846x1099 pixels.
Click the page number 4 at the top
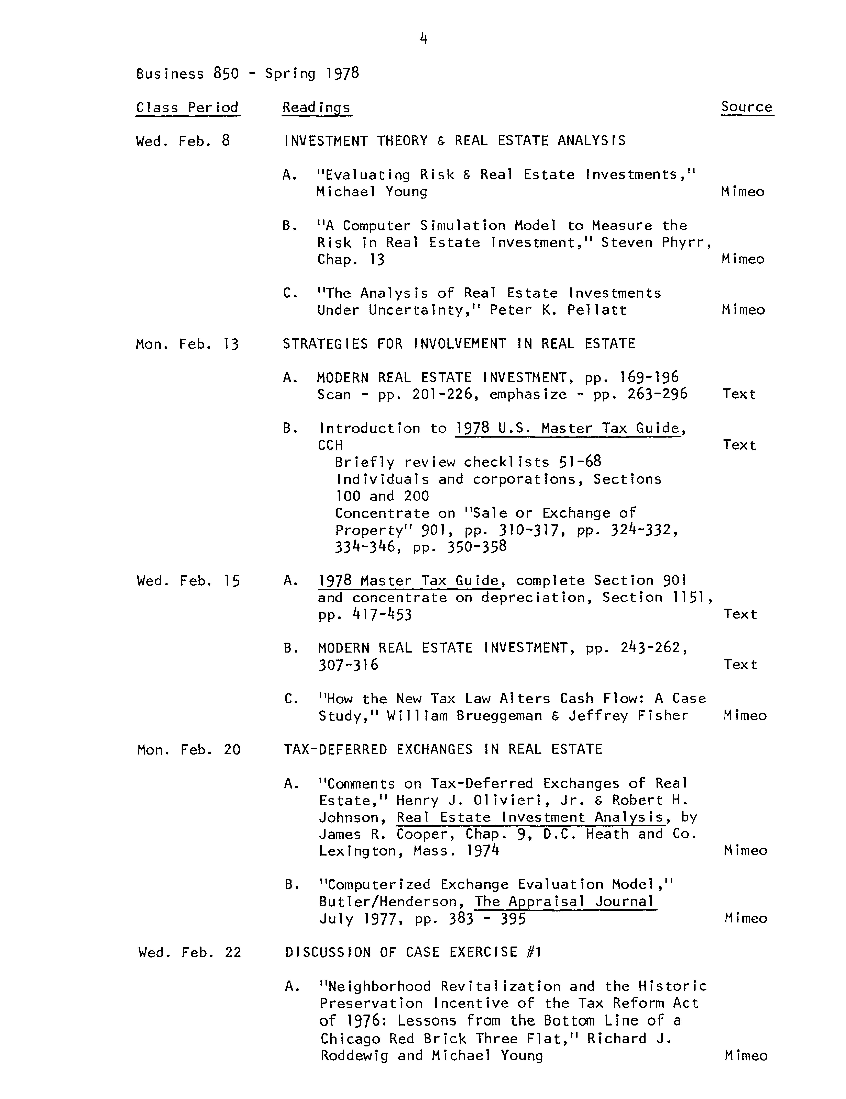(x=423, y=38)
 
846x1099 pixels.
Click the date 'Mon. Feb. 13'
(x=187, y=344)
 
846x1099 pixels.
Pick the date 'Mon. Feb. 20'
(x=189, y=750)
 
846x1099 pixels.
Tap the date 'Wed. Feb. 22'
(x=190, y=952)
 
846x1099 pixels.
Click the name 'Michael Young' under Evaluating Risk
(x=372, y=192)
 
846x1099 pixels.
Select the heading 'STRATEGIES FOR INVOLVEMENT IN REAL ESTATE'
(x=458, y=344)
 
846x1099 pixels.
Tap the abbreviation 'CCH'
(x=330, y=445)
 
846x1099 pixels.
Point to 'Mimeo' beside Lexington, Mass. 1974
(x=745, y=850)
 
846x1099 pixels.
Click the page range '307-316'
(x=348, y=665)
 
